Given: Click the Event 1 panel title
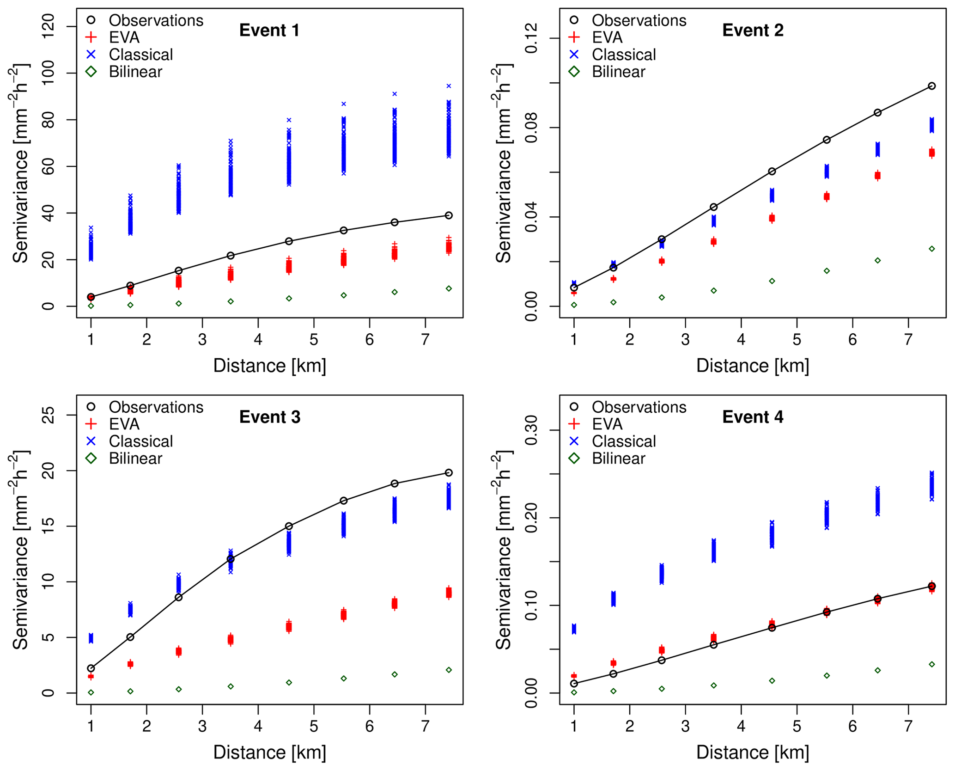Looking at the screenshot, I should pos(269,31).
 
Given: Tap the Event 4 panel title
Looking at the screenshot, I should pos(752,417).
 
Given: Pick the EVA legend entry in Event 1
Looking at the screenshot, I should pos(124,37).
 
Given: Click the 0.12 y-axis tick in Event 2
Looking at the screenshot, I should pos(532,38).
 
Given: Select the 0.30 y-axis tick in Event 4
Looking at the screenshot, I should pos(532,430).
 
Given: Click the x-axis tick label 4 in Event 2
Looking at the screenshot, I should pos(741,340).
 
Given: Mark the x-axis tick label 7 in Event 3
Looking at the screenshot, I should pos(425,727).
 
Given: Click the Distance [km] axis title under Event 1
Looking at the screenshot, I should pos(269,366).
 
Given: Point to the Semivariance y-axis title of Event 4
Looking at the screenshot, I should pos(503,550).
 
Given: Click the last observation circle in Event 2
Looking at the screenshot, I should pos(931,86).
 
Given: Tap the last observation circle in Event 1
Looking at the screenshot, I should pos(448,215).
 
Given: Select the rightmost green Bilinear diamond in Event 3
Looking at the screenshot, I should pos(449,670).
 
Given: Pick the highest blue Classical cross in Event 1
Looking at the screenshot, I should pos(449,86).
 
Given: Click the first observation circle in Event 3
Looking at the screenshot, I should pos(91,668).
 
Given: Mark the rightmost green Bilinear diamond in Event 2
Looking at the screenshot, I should pos(931,249).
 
